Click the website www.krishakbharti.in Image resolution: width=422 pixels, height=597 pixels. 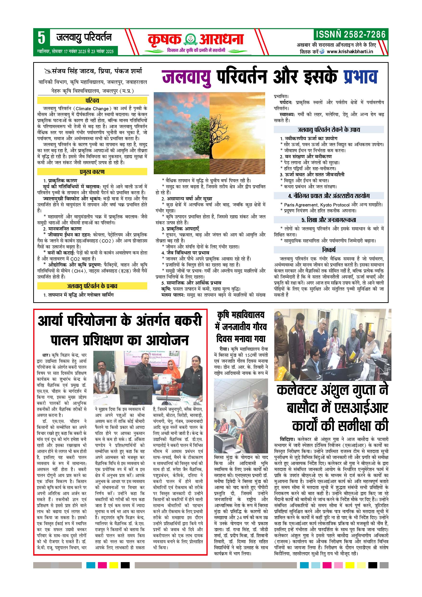[350, 51]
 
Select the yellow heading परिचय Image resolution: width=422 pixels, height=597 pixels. [92, 100]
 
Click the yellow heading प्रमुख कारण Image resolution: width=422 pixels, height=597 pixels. [92, 172]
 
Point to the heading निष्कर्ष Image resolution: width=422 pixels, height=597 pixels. [329, 250]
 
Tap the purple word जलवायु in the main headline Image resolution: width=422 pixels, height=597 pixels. [186, 77]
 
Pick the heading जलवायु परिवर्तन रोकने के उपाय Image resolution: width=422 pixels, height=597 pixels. [329, 129]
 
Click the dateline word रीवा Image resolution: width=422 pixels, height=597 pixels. [224, 349]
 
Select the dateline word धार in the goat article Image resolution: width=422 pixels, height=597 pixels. [45, 355]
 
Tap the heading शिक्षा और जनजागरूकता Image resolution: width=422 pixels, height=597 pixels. [329, 220]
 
